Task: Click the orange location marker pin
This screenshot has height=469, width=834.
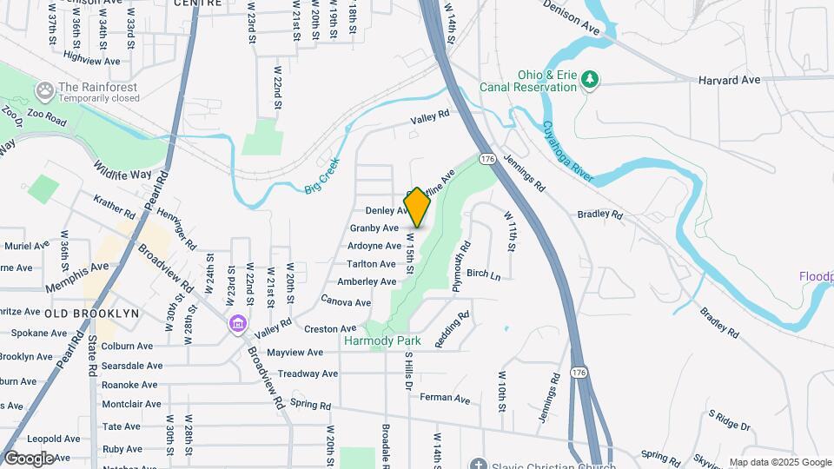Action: click(418, 208)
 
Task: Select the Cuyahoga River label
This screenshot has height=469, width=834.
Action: click(568, 150)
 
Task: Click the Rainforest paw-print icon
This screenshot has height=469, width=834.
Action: click(43, 89)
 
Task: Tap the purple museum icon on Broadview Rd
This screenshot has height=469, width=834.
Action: click(236, 324)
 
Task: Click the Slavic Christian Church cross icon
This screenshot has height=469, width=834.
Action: click(477, 464)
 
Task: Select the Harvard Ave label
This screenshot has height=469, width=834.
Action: click(729, 80)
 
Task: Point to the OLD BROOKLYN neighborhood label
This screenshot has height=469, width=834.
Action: click(92, 313)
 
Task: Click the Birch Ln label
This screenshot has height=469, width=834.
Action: click(484, 274)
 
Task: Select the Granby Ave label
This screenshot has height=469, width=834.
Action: click(374, 228)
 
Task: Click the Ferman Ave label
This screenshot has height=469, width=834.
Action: click(444, 399)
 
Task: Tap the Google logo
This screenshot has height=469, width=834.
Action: click(28, 458)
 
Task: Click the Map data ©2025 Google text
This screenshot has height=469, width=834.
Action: click(780, 462)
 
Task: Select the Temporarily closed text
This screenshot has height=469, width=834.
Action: click(98, 98)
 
